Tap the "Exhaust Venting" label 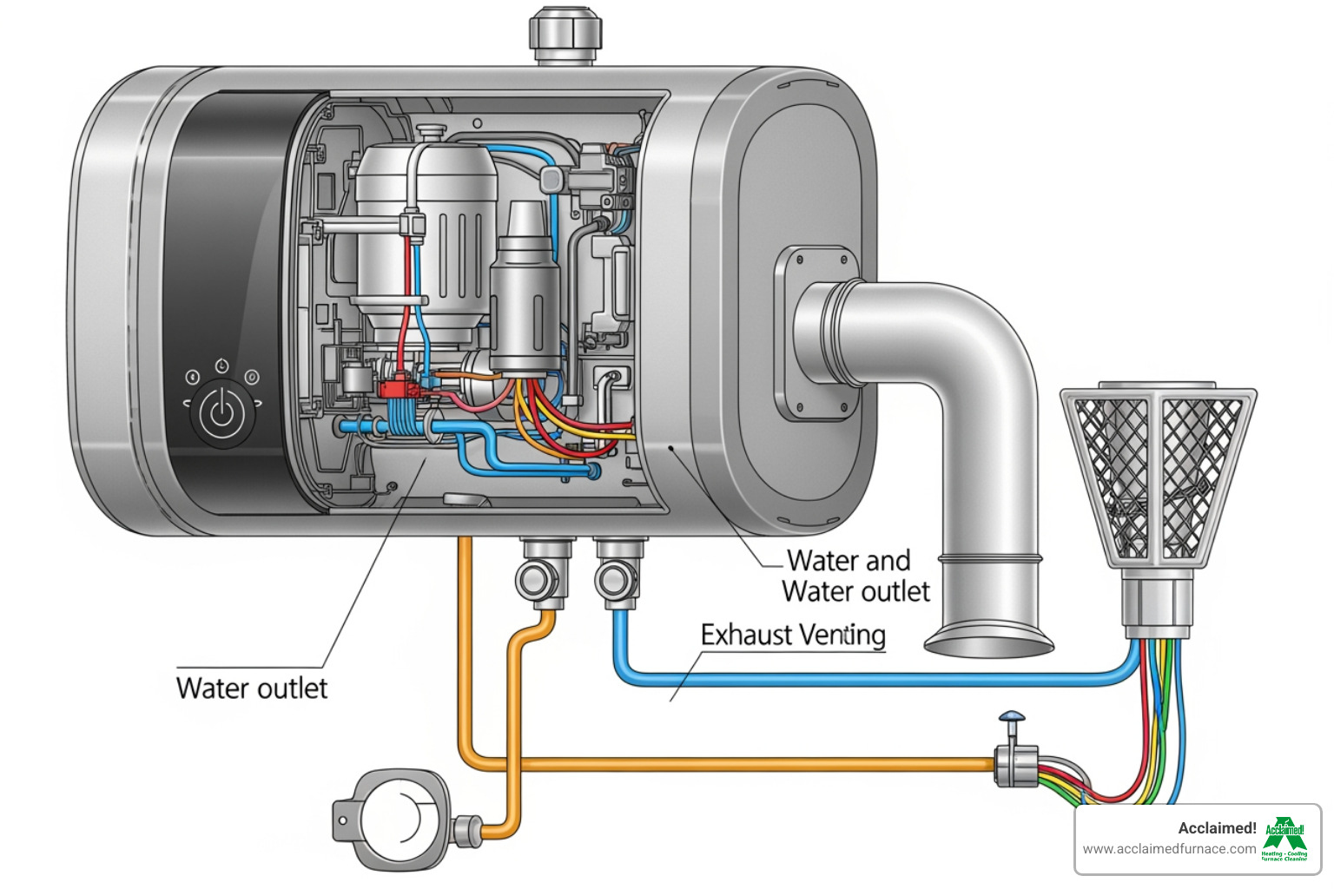tap(792, 635)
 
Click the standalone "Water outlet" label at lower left tap(252, 688)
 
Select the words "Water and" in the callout tap(849, 561)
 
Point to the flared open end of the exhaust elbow tap(988, 643)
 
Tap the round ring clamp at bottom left tap(395, 819)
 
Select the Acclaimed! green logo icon tap(1284, 839)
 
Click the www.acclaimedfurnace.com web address tap(1169, 849)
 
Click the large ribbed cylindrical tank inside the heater tap(426, 234)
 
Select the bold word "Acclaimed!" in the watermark tap(1217, 828)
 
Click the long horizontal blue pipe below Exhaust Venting tap(868, 678)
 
